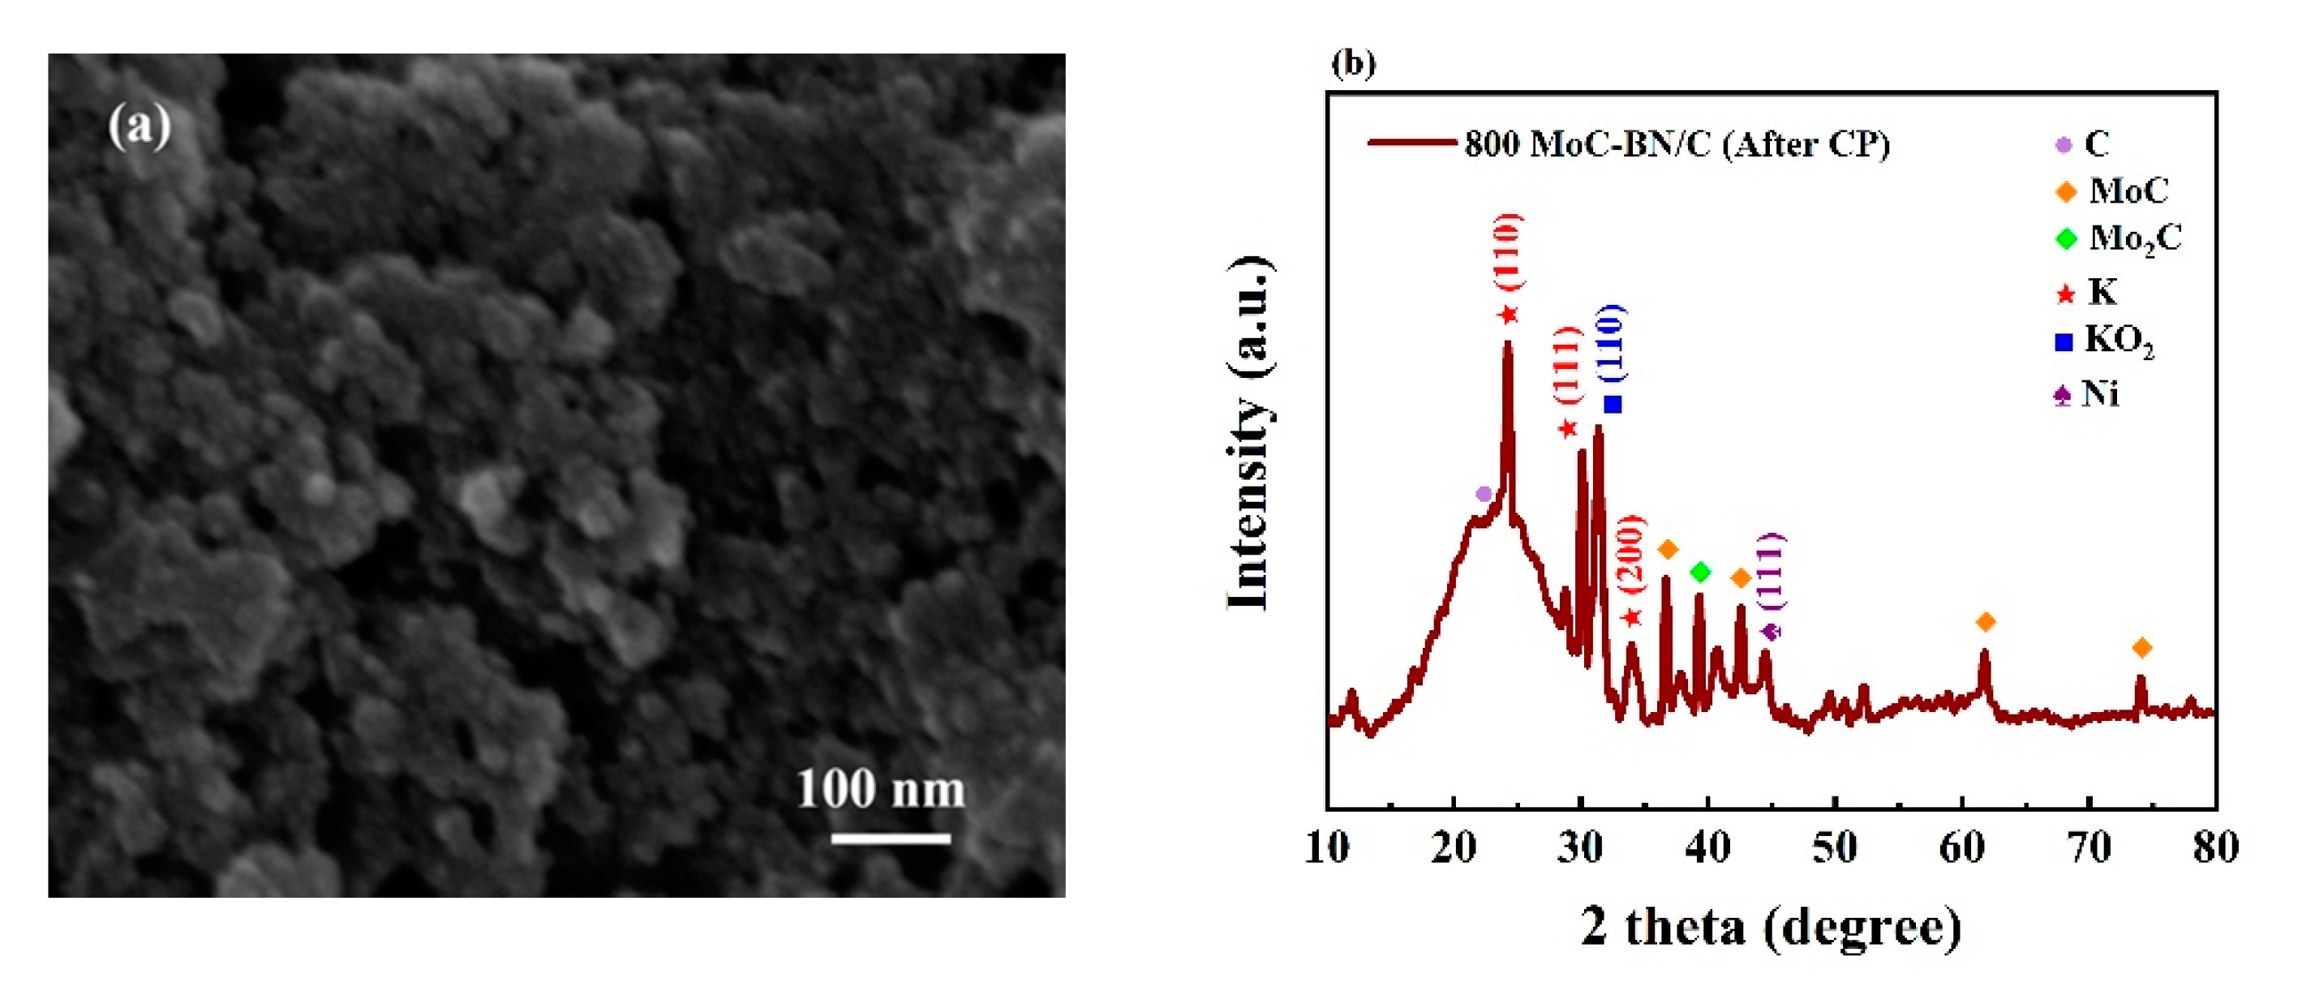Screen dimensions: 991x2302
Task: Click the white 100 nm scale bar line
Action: [x=890, y=839]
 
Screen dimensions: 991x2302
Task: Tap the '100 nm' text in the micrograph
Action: [x=880, y=790]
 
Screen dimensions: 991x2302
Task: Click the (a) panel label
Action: [x=140, y=126]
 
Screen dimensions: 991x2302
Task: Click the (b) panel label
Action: [x=1353, y=62]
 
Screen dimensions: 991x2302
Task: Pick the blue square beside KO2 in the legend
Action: [x=2064, y=342]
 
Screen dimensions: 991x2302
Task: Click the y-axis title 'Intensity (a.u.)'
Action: [x=1248, y=432]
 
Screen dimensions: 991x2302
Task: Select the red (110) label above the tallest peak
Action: [x=1509, y=251]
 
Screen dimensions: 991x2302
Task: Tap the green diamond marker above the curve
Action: [x=1701, y=572]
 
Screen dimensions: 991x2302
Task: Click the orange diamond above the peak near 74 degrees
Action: [x=2141, y=648]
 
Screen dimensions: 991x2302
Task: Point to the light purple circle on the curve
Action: [x=1484, y=493]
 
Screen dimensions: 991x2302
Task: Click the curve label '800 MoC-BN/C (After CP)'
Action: [x=1677, y=144]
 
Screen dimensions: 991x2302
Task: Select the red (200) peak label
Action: [x=1631, y=554]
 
